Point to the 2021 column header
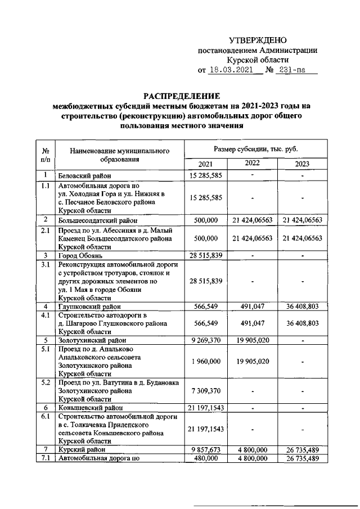206,164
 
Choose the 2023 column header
302,164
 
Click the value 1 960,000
206,361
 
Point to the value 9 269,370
206,340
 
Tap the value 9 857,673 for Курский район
206,450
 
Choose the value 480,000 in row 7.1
206,458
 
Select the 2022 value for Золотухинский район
254,340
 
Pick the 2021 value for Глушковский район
206,307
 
